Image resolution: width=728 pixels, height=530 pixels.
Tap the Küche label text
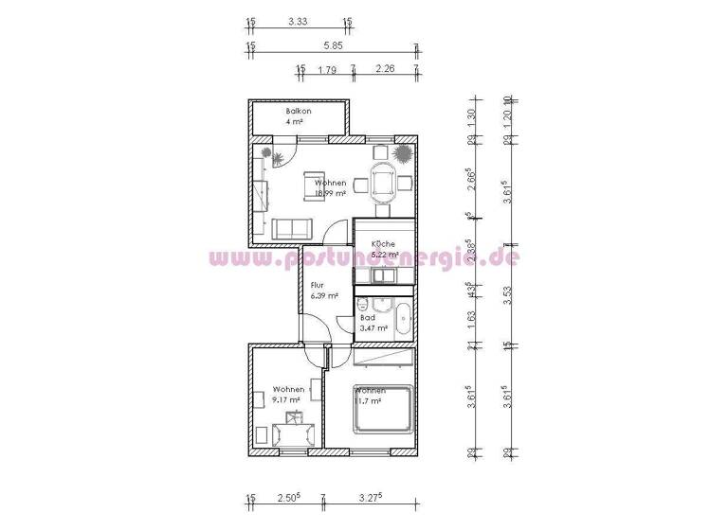pos(371,242)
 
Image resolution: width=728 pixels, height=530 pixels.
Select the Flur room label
pos(318,285)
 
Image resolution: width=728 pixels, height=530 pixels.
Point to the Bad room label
pos(367,318)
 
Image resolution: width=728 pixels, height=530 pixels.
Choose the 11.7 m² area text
pos(369,400)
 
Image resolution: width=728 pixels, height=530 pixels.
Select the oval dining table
pos(384,181)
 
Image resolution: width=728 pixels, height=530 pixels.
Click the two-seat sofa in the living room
pos(290,227)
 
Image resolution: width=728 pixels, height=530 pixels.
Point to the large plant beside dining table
pos(404,152)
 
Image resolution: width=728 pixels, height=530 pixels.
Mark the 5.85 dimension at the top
pos(332,44)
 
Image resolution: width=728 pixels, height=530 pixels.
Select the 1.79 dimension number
pos(327,68)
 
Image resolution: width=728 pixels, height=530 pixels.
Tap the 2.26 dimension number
pos(385,68)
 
